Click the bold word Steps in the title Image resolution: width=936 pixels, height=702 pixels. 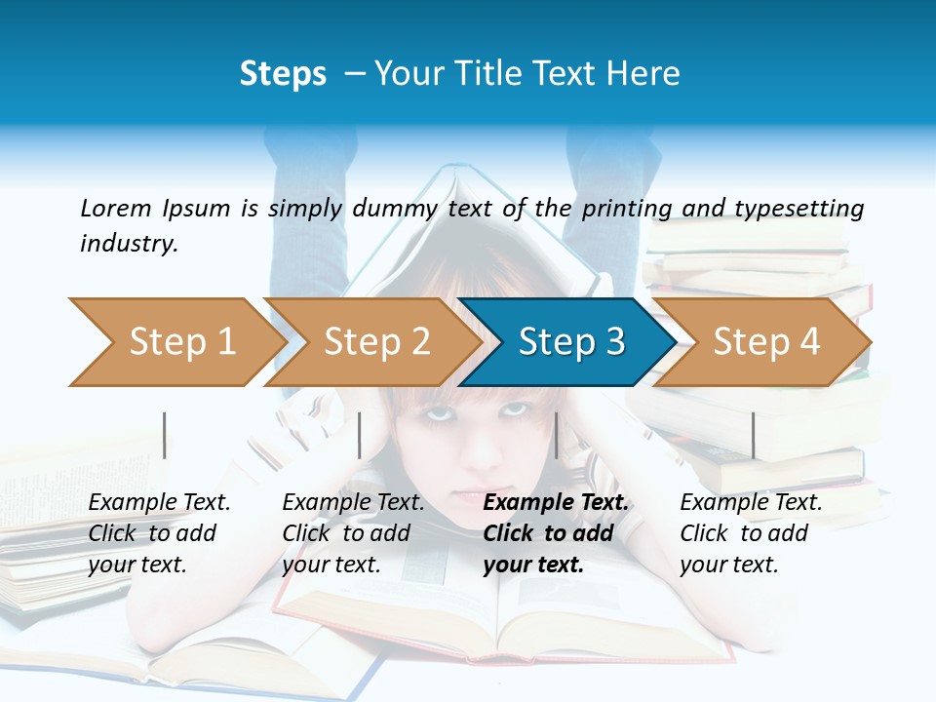283,74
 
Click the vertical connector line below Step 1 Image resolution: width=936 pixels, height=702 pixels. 165,435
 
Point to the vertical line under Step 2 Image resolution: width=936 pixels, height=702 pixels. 360,435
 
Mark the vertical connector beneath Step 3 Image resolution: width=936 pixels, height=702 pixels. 557,435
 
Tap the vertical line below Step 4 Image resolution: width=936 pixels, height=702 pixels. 753,435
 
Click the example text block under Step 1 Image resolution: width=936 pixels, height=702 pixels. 159,533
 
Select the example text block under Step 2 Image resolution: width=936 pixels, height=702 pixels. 353,533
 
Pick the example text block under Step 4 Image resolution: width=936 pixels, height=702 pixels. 751,533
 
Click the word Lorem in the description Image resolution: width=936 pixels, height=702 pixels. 116,208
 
